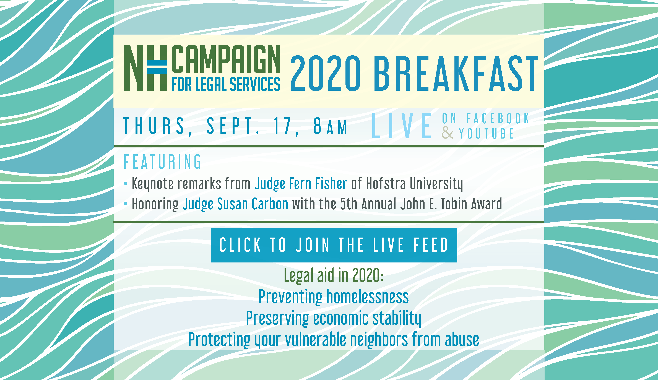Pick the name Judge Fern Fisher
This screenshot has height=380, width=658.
(x=301, y=184)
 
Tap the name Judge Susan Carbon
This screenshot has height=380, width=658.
(x=235, y=204)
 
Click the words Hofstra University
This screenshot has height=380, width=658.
(x=415, y=184)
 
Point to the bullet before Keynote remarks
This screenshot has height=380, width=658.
(x=126, y=184)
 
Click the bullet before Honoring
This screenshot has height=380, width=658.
(x=126, y=204)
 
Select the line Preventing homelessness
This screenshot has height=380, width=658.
(x=334, y=297)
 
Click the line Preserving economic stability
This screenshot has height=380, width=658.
(x=334, y=318)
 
